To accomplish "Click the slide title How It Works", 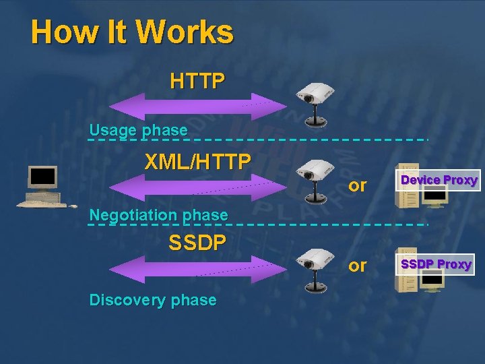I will click(132, 32).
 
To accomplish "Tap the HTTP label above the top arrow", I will click(197, 82).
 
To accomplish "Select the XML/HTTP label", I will click(198, 162).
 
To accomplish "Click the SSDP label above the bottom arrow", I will click(197, 243).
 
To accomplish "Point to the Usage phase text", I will click(138, 130).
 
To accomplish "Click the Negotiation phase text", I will click(158, 215).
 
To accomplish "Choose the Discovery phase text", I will click(153, 300).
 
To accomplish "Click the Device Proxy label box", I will click(439, 180).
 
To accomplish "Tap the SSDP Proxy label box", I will click(436, 264).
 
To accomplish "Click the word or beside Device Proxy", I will click(358, 185).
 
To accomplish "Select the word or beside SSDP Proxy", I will click(358, 266).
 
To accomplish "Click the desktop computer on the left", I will click(42, 187).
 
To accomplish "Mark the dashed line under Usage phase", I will click(303, 140).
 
